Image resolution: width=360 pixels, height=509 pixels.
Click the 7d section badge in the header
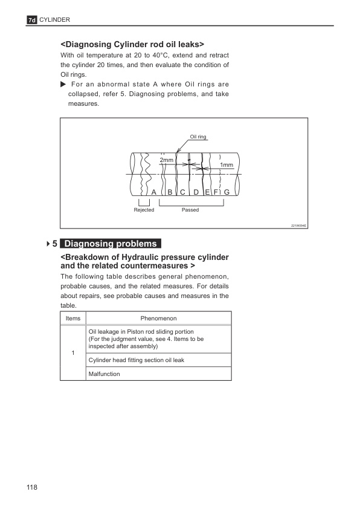33,21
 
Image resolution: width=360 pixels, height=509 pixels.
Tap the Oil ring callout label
198,137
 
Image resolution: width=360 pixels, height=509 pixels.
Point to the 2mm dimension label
166,160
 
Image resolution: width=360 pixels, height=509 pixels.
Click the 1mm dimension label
227,165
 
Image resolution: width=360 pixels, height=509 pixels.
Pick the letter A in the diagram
154,192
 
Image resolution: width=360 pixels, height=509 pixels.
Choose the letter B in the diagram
170,192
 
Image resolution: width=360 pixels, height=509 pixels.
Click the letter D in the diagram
196,192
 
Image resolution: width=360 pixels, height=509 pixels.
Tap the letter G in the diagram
226,192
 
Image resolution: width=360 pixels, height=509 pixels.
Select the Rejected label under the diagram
144,210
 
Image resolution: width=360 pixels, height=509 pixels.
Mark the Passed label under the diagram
190,210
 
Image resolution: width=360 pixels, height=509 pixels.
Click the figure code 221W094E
299,225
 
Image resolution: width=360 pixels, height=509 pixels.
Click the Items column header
73,318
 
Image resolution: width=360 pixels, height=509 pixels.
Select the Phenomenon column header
158,318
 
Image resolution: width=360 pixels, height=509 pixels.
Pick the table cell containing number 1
73,353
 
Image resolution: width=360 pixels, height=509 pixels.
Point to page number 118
32,487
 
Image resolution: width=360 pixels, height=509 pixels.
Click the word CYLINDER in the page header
56,20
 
